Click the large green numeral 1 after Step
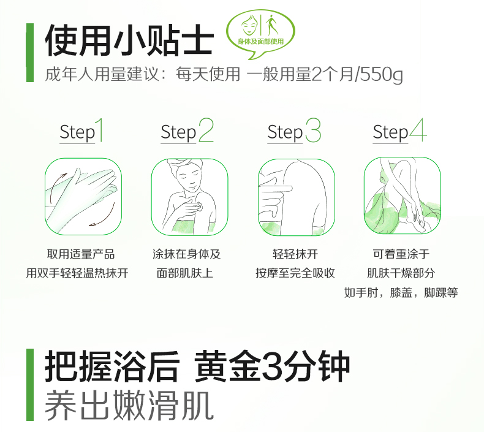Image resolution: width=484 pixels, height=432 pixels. click(99, 130)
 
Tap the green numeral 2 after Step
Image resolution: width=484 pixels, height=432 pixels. click(206, 130)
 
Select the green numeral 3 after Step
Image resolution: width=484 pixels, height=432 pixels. click(313, 130)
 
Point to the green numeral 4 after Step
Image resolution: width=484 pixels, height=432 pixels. click(418, 130)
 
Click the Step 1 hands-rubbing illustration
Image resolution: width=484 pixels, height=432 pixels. click(83, 197)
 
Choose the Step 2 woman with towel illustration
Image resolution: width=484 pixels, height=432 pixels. click(189, 197)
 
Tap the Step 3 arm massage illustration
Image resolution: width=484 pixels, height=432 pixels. click(297, 197)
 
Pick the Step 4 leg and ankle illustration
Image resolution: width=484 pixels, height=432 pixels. click(402, 195)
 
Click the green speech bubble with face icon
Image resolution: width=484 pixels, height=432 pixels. click(260, 33)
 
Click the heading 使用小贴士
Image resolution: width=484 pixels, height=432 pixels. click(130, 40)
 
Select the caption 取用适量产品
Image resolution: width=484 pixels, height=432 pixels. click(81, 254)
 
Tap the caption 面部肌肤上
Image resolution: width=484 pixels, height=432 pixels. click(184, 273)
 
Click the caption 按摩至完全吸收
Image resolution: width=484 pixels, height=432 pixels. click(295, 273)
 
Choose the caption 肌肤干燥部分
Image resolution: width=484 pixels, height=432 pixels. click(401, 273)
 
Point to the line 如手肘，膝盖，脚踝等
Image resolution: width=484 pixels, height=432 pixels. click(401, 292)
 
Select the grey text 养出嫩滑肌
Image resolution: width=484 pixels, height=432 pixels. click(129, 404)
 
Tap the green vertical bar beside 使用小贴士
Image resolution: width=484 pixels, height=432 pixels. click(30, 53)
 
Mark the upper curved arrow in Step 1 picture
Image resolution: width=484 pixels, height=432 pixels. click(56, 184)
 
